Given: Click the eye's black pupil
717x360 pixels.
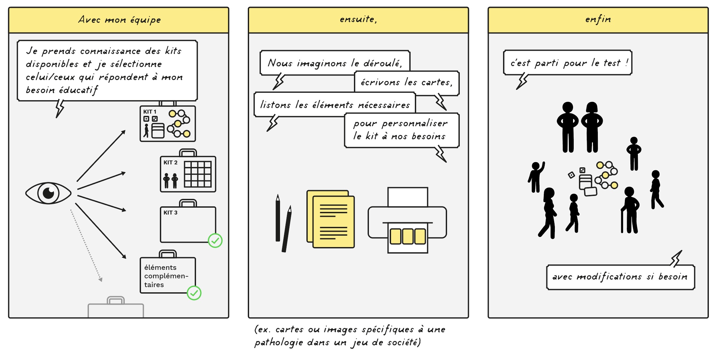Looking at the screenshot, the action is click(x=49, y=193).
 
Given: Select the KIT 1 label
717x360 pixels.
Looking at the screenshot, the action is click(x=150, y=112).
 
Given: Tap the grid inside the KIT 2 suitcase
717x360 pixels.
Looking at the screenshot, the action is click(x=198, y=174).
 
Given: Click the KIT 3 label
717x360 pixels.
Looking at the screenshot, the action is click(x=170, y=213).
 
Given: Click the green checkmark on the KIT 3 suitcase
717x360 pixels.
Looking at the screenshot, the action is click(x=215, y=241).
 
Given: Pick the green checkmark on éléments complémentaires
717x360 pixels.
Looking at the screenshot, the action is click(x=194, y=293).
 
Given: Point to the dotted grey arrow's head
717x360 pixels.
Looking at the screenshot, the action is click(x=101, y=279).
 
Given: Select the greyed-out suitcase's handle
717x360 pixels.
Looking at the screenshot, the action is click(x=116, y=300).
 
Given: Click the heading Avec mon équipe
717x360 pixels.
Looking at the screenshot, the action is click(x=119, y=20).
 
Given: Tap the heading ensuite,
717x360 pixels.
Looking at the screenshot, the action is click(x=358, y=19).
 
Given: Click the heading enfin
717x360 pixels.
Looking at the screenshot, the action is click(x=598, y=19).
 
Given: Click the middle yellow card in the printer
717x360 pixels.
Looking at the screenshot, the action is click(x=408, y=236).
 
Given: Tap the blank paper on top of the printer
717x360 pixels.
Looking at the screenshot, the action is click(x=408, y=197).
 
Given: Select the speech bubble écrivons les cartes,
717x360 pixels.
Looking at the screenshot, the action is click(x=407, y=83).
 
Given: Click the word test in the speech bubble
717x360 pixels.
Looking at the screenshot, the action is click(x=612, y=63).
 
